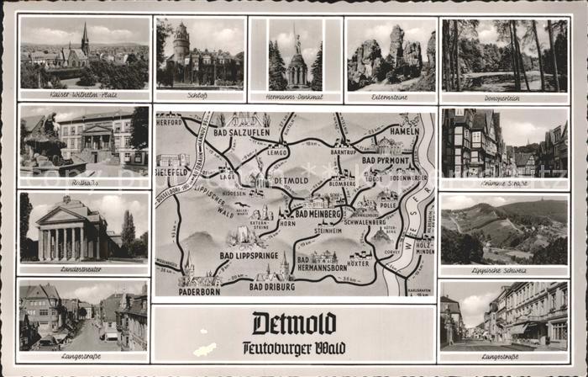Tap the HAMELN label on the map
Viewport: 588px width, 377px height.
404,131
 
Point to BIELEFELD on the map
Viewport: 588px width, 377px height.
172,171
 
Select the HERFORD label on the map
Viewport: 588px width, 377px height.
170,120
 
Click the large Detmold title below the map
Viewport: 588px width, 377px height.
294,323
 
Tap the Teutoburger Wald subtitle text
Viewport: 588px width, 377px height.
294,346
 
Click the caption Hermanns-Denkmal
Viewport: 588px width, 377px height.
295,97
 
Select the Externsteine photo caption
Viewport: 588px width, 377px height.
390,97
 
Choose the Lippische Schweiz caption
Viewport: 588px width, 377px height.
504,269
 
